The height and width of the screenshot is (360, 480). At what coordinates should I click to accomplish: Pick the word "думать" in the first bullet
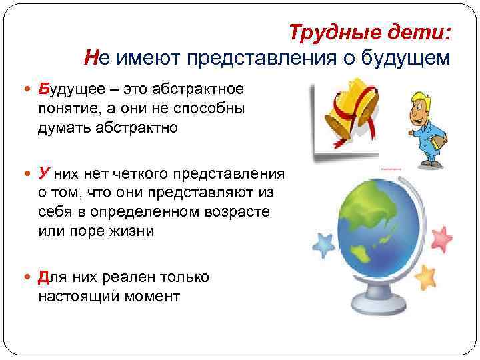point(65,128)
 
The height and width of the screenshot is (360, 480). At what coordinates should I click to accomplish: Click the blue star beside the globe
point(323,246)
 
